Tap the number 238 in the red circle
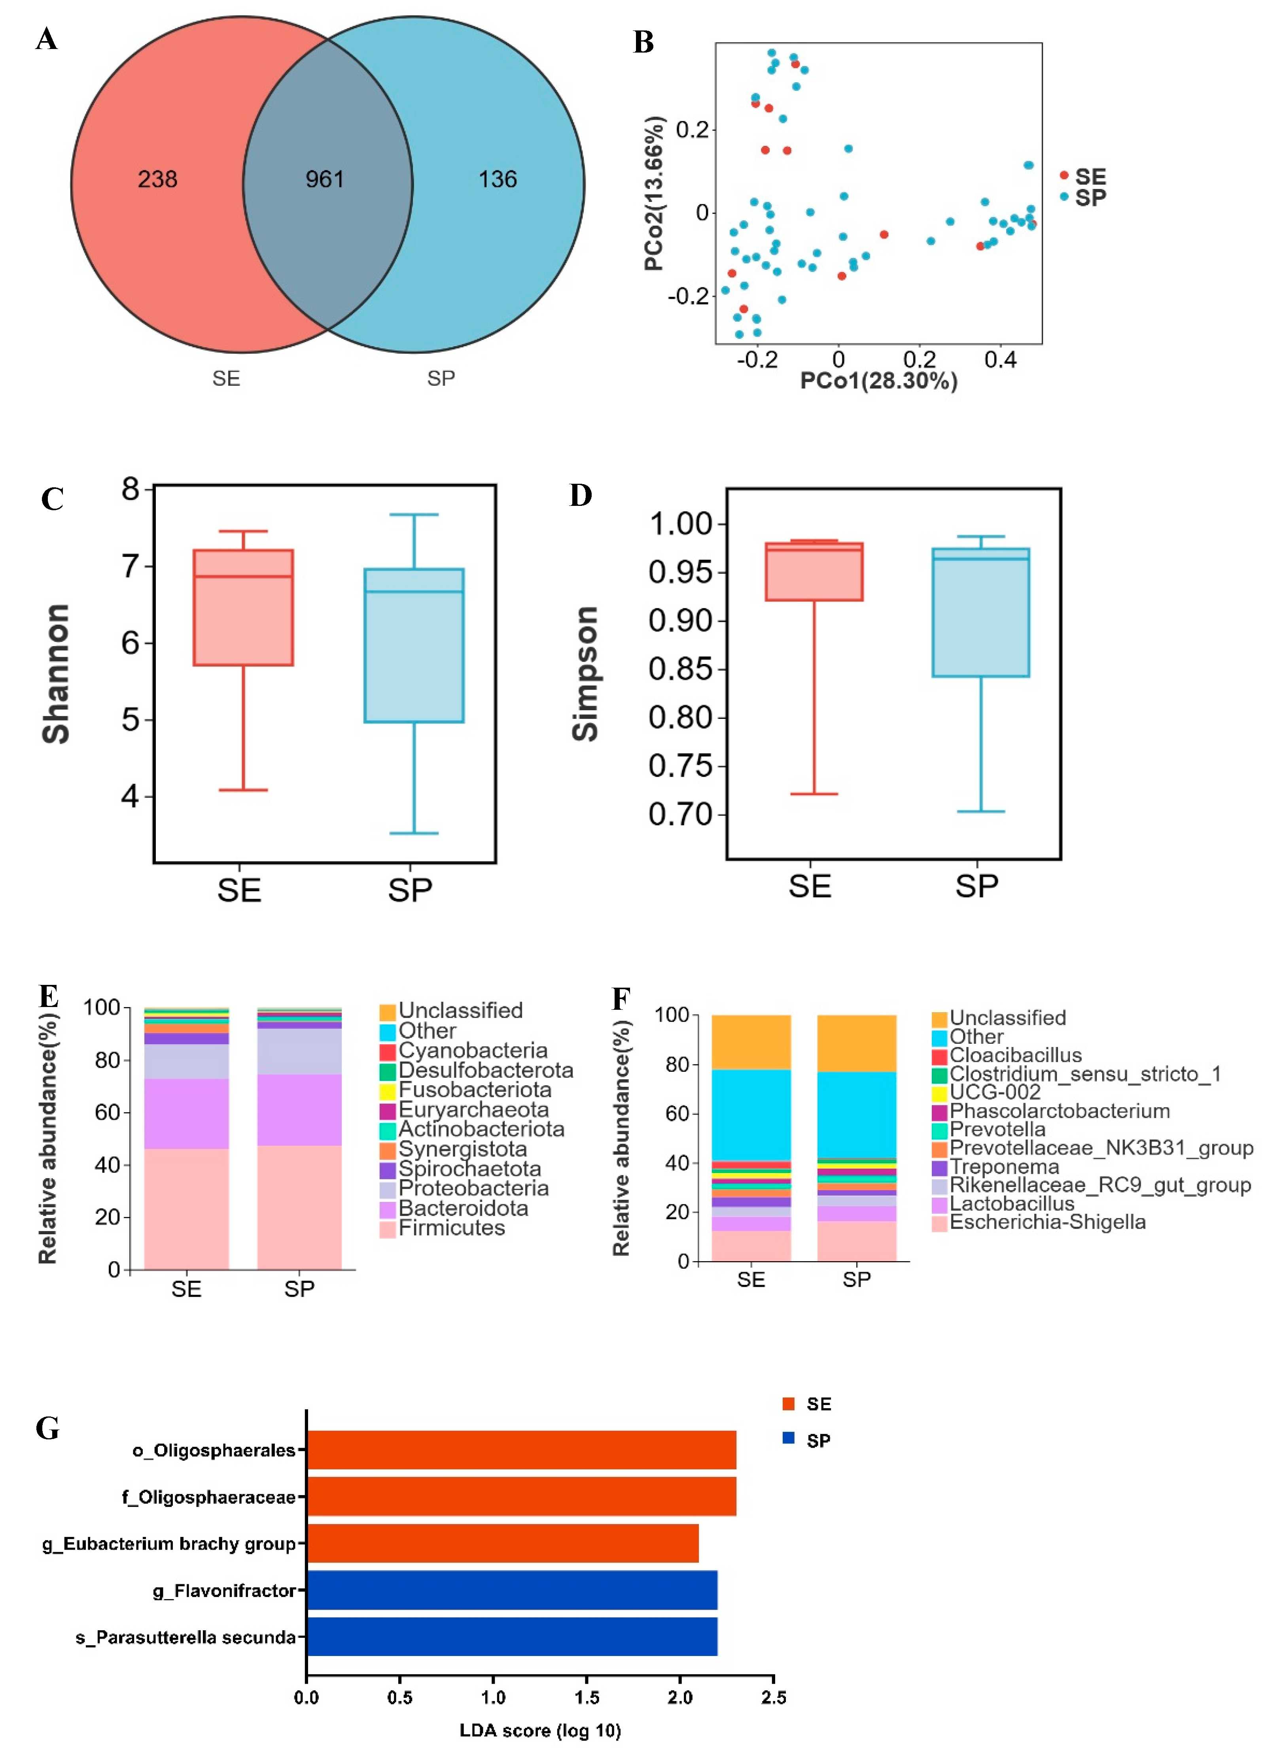coord(158,179)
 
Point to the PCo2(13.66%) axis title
coord(654,193)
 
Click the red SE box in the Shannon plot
coord(243,607)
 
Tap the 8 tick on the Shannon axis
coord(130,489)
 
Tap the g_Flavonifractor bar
coord(512,1590)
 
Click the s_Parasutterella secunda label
coord(185,1637)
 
